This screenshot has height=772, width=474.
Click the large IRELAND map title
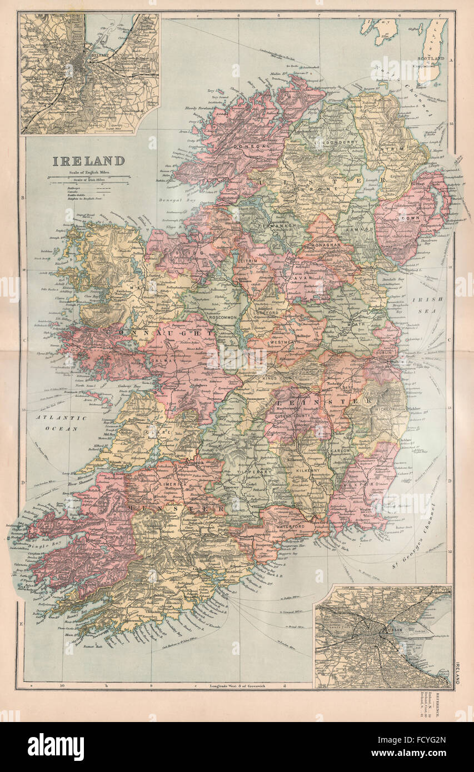tap(88, 161)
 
